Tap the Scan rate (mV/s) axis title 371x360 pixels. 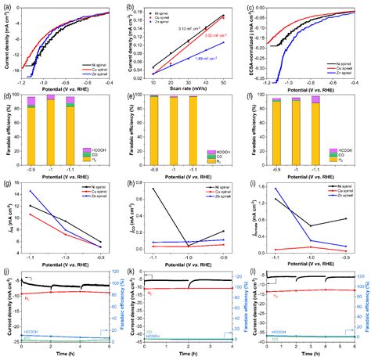click(x=189, y=91)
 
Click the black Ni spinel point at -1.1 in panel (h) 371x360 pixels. click(x=153, y=189)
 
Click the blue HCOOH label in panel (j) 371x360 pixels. click(x=31, y=332)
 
